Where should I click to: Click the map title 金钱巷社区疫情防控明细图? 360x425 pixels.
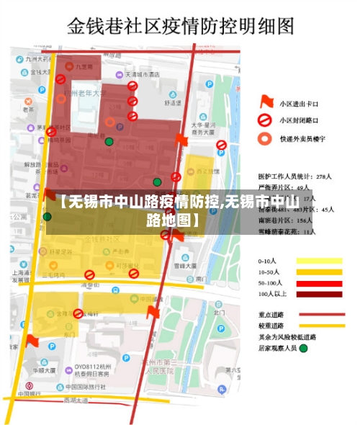click(x=180, y=27)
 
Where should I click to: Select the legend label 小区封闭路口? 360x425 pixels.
click(x=299, y=120)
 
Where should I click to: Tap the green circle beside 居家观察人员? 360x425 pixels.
click(x=303, y=348)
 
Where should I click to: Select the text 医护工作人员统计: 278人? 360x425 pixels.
click(x=294, y=176)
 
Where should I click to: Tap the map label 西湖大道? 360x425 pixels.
click(x=76, y=399)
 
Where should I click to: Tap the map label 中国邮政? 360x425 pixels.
click(x=30, y=393)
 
